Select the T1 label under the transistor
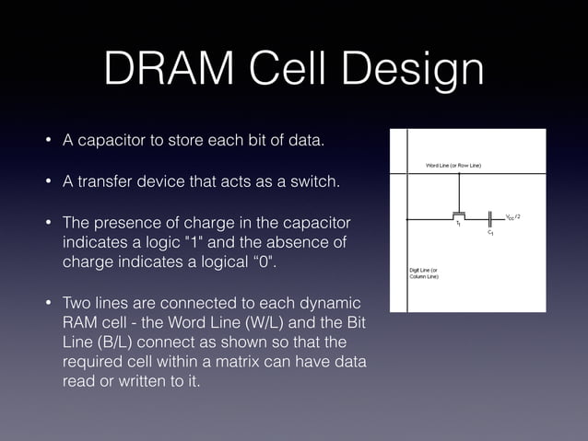(458, 225)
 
